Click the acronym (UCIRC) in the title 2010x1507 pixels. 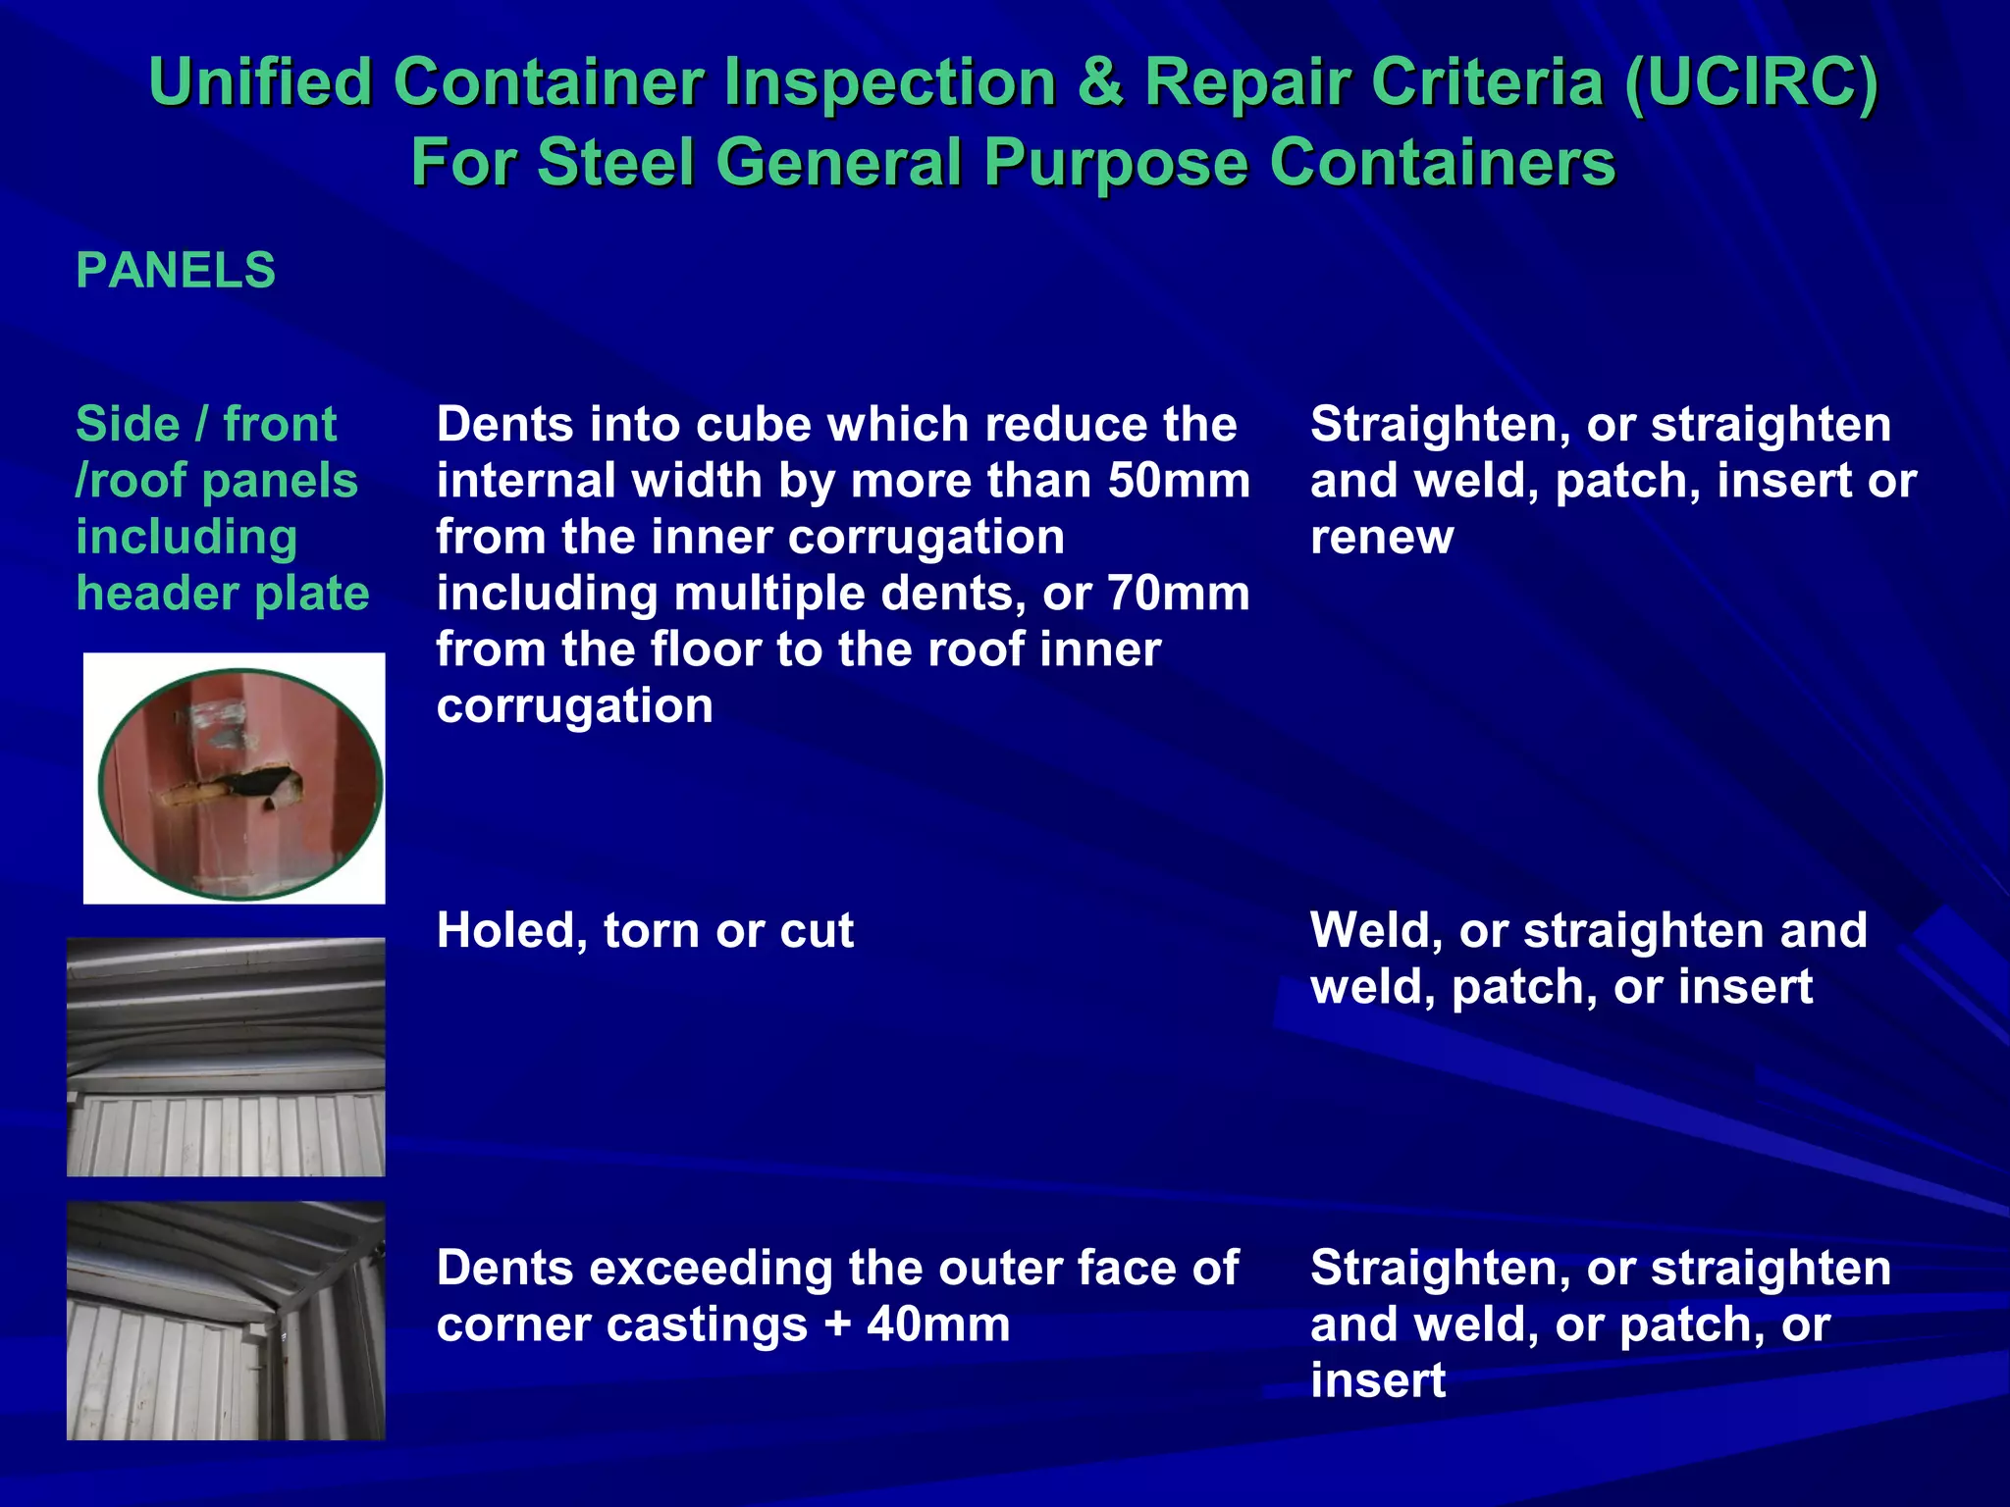pyautogui.click(x=1750, y=82)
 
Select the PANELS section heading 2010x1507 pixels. pyautogui.click(x=176, y=271)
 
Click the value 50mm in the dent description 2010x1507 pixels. pyautogui.click(x=1179, y=481)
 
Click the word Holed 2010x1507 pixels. pyautogui.click(x=511, y=930)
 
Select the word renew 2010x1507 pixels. pyautogui.click(x=1382, y=538)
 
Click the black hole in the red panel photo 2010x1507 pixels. pyautogui.click(x=257, y=785)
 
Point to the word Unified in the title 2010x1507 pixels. pyautogui.click(x=260, y=82)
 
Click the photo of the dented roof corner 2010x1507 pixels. pyautogui.click(x=226, y=1321)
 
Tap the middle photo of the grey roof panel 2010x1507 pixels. pyautogui.click(x=226, y=1057)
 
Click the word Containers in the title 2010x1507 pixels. pyautogui.click(x=1442, y=163)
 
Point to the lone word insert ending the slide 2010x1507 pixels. pyautogui.click(x=1378, y=1381)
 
